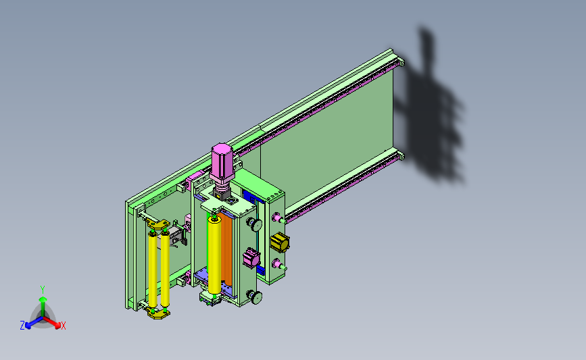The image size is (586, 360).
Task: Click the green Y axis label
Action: click(43, 290)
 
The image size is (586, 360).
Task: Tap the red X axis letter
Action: click(63, 326)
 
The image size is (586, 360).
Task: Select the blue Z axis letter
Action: click(22, 326)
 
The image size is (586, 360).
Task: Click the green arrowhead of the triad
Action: click(43, 299)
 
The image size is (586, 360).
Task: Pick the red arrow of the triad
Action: click(52, 322)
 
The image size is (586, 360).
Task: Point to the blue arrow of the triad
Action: click(34, 322)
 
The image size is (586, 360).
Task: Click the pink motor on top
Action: click(222, 163)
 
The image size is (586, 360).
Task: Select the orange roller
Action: click(226, 249)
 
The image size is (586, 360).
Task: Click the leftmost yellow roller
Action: click(153, 270)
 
